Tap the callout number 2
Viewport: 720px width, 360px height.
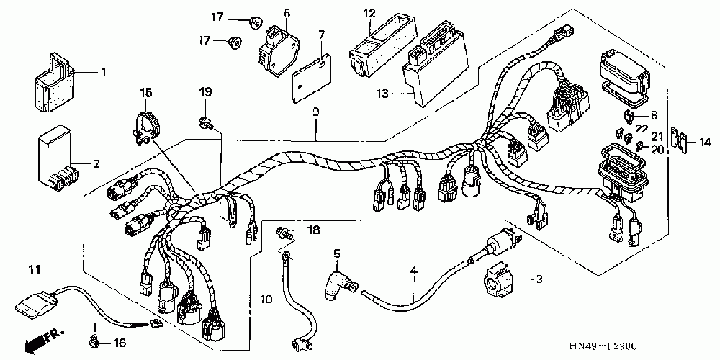[96, 163]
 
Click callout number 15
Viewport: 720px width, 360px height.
[146, 92]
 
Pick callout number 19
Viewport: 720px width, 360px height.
[205, 92]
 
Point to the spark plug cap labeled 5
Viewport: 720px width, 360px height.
[338, 277]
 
